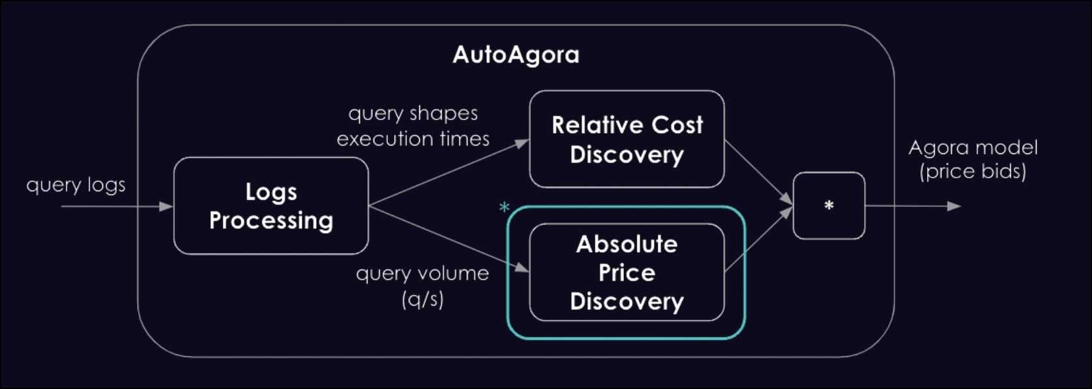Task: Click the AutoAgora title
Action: click(x=516, y=54)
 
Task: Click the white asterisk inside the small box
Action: click(x=829, y=206)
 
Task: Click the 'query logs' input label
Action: click(x=76, y=185)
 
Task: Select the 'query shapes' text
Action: click(x=413, y=114)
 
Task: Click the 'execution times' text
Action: click(x=413, y=139)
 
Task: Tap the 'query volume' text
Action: click(x=422, y=273)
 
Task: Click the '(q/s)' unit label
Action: click(x=422, y=299)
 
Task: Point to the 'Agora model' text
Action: click(x=973, y=148)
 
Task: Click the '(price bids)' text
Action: click(x=973, y=172)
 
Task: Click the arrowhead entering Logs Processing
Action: click(x=166, y=206)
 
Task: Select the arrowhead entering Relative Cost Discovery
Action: click(x=522, y=143)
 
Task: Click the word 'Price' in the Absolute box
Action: click(x=627, y=272)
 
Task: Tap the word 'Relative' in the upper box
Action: click(x=591, y=125)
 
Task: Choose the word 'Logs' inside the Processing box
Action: click(x=271, y=192)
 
